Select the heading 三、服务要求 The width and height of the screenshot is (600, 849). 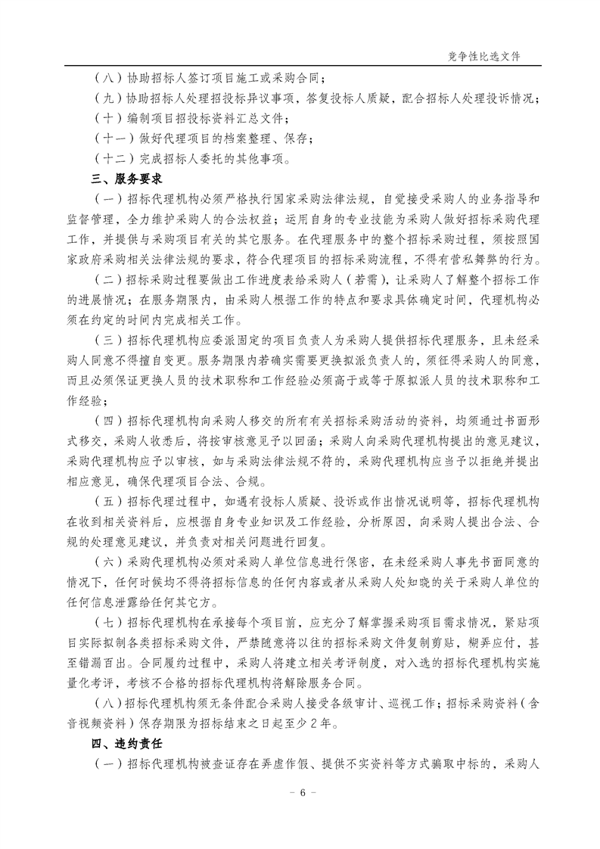point(122,179)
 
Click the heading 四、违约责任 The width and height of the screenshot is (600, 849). point(122,743)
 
